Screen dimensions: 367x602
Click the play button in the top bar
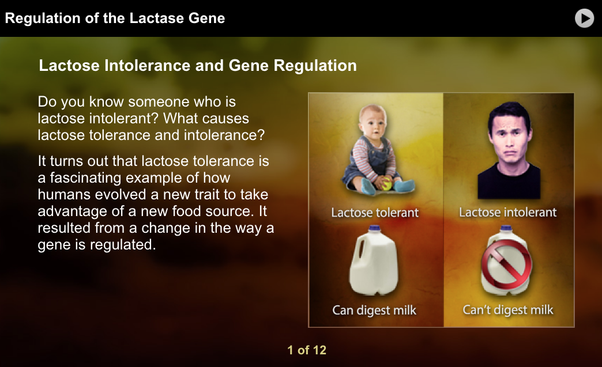point(584,18)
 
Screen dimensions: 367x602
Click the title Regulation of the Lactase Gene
point(115,18)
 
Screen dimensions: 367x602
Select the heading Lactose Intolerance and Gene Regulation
point(197,66)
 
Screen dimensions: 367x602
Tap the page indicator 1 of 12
point(307,350)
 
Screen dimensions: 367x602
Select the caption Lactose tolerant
point(375,213)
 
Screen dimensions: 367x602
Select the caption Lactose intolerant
point(507,213)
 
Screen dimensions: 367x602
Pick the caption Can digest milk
point(374,311)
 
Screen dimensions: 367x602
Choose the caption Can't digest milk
point(507,311)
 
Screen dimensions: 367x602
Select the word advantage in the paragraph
point(68,211)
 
